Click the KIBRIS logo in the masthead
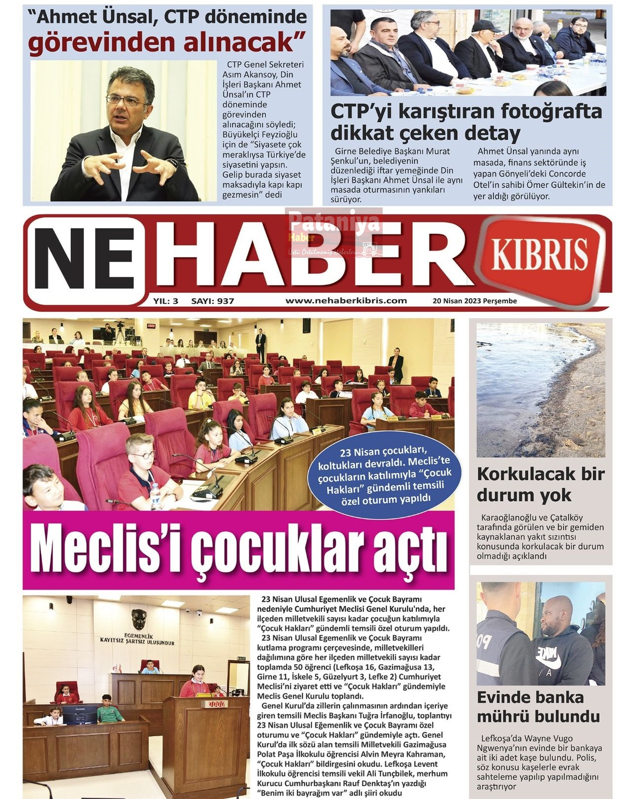540,254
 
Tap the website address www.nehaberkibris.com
346,300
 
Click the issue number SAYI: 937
212,301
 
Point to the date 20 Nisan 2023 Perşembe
474,301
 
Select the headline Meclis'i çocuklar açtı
238,550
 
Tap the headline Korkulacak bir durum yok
540,484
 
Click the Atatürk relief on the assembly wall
138,619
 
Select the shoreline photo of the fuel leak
540,390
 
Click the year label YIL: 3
165,301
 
